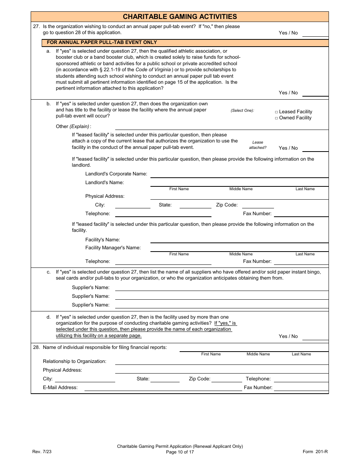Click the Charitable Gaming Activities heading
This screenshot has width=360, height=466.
point(180,17)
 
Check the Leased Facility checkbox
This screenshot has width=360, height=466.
point(276,112)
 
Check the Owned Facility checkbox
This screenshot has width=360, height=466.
point(276,118)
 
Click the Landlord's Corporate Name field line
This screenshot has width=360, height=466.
point(239,174)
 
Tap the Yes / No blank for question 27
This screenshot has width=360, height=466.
point(315,33)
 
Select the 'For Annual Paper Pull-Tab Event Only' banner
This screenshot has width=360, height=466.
point(102,42)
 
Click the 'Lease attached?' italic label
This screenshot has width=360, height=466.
point(258,145)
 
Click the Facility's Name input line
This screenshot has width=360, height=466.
point(239,240)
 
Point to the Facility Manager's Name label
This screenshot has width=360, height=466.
point(113,248)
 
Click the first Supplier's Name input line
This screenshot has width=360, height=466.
point(221,288)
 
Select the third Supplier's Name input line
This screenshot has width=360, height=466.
point(221,305)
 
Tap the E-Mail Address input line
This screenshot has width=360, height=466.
point(163,388)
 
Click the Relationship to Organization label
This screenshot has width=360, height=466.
point(75,361)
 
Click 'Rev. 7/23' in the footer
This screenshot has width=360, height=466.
point(41,452)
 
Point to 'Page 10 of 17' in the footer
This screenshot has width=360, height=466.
point(180,452)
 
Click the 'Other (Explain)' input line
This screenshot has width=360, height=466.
point(221,127)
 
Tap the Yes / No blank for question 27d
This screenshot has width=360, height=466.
point(315,336)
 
